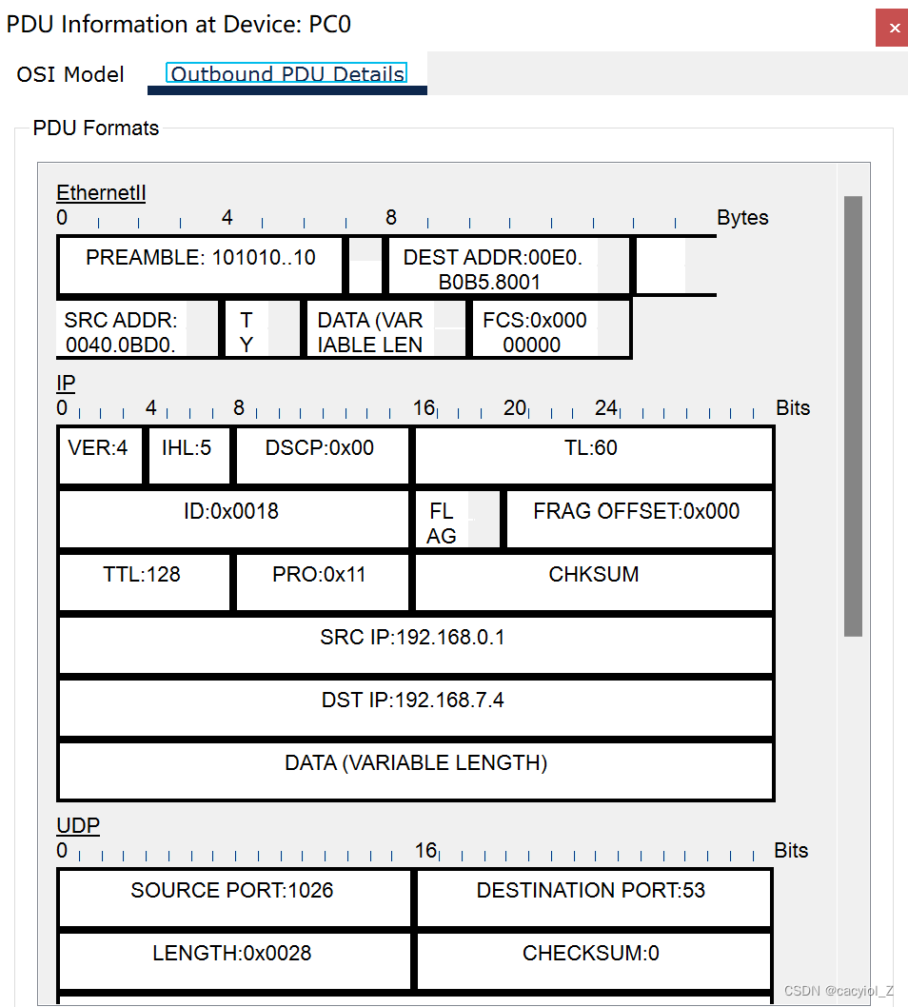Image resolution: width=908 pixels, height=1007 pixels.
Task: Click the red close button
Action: point(891,28)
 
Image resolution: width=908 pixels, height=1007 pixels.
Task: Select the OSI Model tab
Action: point(70,74)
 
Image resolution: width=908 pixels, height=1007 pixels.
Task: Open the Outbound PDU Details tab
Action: point(286,74)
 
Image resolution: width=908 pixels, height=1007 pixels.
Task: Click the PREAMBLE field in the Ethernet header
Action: point(200,266)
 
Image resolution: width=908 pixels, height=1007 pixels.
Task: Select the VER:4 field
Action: point(99,455)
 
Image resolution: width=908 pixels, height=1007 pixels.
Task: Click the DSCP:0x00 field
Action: point(321,455)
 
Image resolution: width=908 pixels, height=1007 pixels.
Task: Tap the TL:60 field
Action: point(592,455)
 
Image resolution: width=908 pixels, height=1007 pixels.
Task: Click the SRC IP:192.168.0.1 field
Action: point(414,644)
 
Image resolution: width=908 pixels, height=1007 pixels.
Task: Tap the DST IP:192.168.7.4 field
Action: point(414,707)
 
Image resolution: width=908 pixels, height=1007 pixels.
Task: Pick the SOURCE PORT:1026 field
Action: point(233,897)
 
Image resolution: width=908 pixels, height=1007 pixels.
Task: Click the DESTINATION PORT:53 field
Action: point(592,897)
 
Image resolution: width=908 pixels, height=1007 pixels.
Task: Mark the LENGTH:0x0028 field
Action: point(233,959)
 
